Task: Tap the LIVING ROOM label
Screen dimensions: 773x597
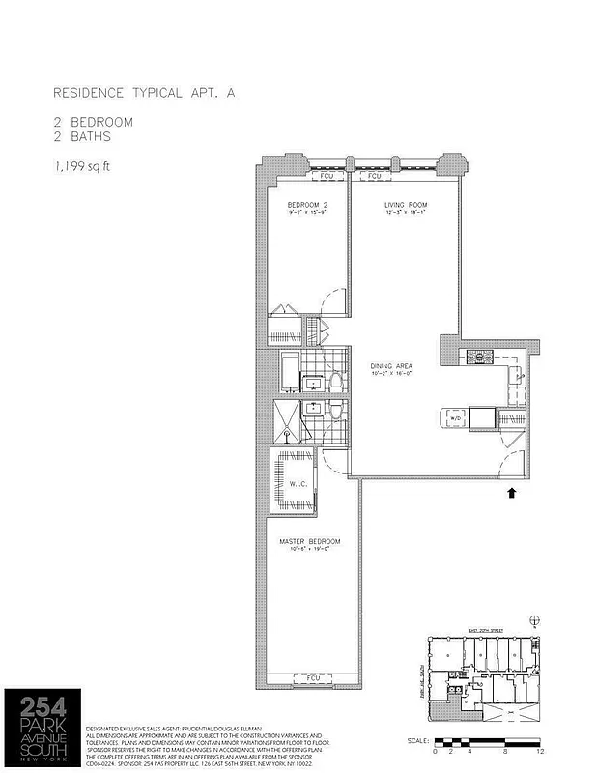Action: tap(406, 206)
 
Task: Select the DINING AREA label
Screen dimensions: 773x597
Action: tap(391, 366)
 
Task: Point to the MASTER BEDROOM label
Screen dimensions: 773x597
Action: tap(309, 541)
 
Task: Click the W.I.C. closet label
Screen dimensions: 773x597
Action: tap(298, 484)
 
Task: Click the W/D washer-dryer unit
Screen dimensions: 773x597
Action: tap(451, 417)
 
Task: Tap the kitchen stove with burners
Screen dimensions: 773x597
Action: tap(479, 358)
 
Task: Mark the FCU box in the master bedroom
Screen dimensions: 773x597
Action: tap(312, 677)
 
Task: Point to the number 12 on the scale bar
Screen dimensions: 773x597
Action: tap(542, 750)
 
